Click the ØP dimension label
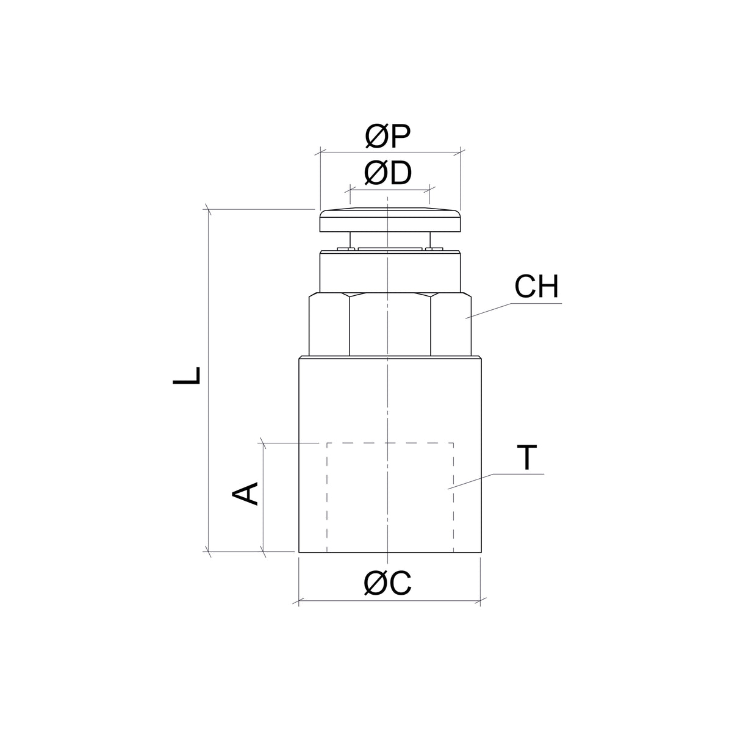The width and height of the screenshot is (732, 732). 388,137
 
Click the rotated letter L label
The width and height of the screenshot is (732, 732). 186,376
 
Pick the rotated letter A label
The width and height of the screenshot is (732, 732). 245,494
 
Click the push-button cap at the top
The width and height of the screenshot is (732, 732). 390,220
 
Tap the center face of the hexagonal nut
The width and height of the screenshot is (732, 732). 390,325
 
